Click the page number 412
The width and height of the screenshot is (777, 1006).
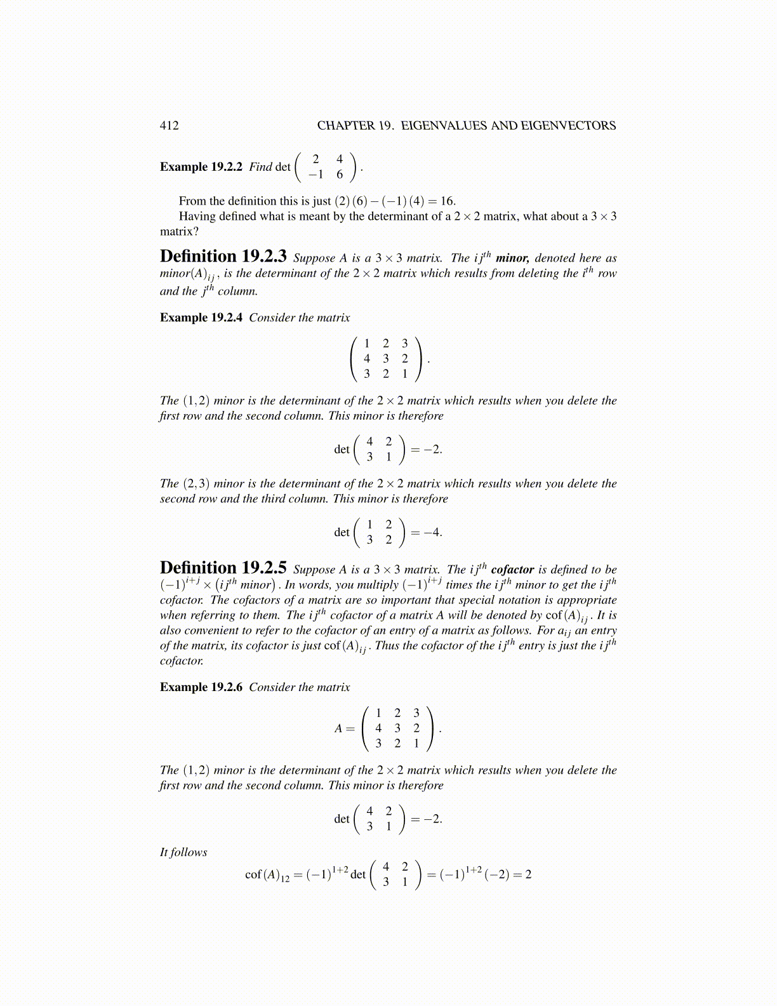169,125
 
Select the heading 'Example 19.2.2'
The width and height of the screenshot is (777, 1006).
201,167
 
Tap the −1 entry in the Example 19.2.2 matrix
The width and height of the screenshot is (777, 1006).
315,175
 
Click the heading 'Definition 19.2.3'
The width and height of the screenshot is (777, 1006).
223,257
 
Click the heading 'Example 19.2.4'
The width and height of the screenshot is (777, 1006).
201,318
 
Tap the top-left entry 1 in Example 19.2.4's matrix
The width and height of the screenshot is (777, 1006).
367,344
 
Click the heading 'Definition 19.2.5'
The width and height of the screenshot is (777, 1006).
223,568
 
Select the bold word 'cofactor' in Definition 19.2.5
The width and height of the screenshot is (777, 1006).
512,570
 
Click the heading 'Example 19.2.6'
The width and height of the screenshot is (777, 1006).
201,687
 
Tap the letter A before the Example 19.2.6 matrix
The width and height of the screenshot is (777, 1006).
339,728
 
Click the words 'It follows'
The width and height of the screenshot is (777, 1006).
183,852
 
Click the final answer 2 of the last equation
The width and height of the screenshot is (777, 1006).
528,875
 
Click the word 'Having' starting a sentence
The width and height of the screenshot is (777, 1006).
197,216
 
